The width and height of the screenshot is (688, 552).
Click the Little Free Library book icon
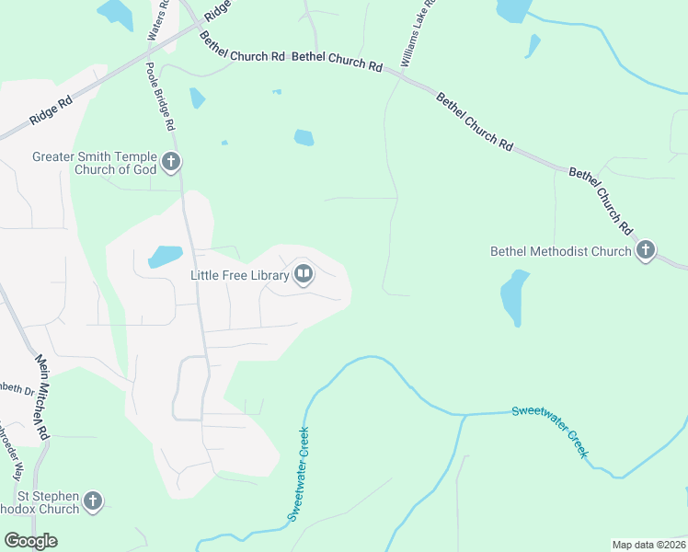point(304,274)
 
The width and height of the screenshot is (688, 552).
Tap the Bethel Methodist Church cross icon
point(646,250)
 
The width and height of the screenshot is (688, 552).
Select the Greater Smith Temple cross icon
point(170,163)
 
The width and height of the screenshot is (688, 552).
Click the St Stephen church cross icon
point(92,501)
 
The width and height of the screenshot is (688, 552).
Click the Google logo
point(30,541)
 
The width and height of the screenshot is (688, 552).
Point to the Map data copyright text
point(648,544)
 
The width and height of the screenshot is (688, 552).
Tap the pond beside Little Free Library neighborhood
point(165,256)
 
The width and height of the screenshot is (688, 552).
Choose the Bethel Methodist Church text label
point(560,250)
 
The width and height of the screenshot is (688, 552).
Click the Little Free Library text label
point(239,274)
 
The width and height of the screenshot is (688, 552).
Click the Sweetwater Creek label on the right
point(550,429)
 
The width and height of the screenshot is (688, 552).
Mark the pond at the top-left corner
point(115,13)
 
